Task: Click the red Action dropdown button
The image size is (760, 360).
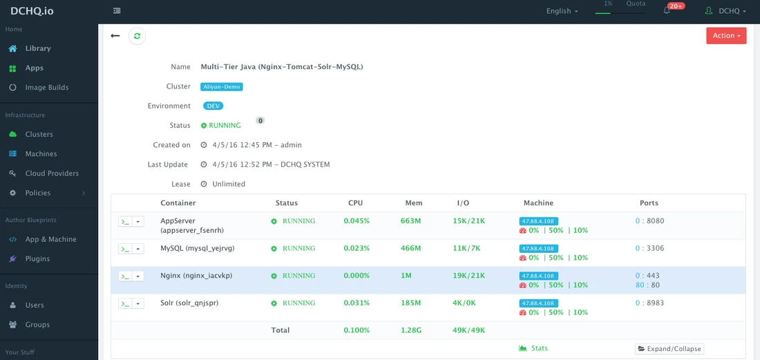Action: pos(726,36)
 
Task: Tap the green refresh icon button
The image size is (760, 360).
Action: pos(137,36)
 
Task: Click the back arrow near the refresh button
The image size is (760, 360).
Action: pos(115,36)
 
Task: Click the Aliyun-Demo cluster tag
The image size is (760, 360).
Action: pos(222,87)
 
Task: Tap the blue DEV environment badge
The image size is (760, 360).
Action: pos(213,106)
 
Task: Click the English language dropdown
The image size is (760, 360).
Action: pos(562,11)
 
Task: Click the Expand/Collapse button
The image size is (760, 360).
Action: pos(669,349)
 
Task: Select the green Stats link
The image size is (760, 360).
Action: pos(533,348)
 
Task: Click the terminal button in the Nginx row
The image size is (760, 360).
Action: pos(125,276)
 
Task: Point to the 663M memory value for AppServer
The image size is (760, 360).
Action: pos(410,221)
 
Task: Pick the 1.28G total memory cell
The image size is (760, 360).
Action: pos(412,330)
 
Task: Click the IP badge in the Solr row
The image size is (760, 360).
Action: pos(538,303)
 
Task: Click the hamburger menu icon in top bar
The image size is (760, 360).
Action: pos(116,10)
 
